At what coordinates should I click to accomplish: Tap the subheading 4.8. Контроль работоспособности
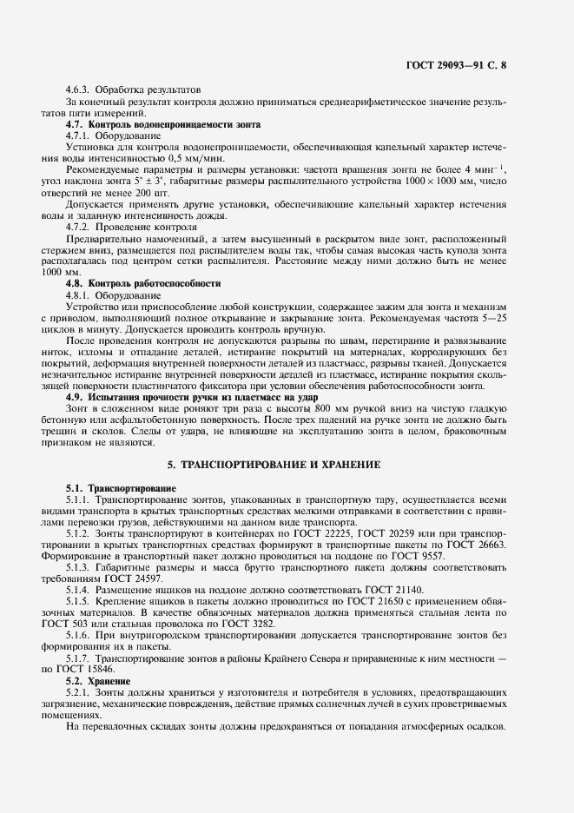(x=143, y=283)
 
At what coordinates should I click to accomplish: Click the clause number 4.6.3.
(x=80, y=89)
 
